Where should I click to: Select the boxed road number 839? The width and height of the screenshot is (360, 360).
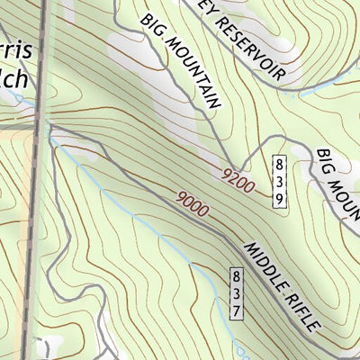pos(281,180)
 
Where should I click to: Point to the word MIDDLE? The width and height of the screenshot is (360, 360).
pos(265,263)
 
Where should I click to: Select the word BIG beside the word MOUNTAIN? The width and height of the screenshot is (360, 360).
pos(152,29)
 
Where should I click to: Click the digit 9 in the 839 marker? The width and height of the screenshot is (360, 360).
pos(281,198)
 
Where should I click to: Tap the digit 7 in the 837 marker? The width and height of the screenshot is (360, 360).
pos(237,310)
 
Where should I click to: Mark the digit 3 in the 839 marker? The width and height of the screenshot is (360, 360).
pos(281,180)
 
